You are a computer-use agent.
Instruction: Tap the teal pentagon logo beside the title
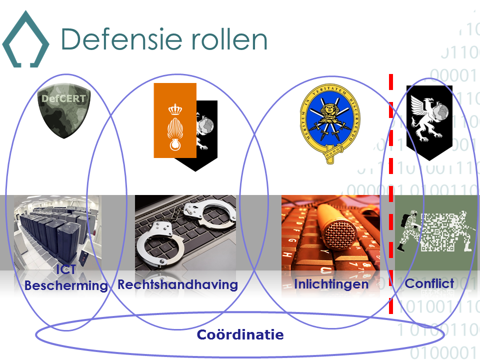click(25, 40)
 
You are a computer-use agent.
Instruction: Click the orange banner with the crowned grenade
click(174, 120)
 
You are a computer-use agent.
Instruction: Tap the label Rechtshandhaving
click(177, 284)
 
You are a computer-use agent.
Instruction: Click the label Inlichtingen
click(331, 284)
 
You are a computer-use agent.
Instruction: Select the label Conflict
click(429, 283)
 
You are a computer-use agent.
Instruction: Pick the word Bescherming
click(66, 286)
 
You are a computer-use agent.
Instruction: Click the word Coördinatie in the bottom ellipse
click(240, 334)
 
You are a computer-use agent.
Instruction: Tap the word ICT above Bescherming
click(66, 270)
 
